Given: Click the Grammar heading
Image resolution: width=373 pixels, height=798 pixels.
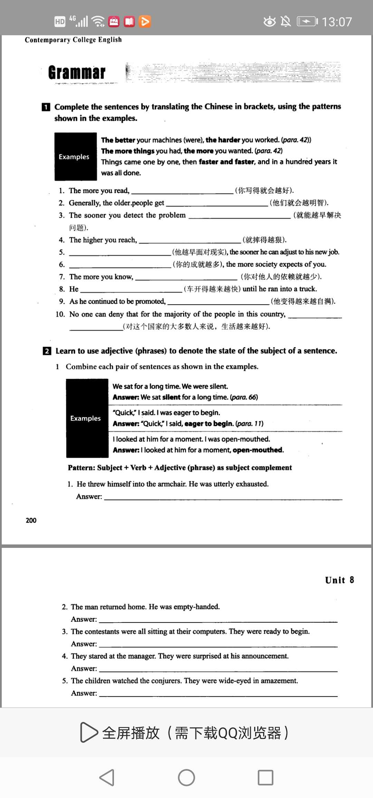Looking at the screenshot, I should [x=77, y=73].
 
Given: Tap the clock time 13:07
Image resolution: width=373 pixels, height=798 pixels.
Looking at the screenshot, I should [x=336, y=22].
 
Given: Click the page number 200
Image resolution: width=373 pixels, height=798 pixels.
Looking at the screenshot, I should [x=31, y=520].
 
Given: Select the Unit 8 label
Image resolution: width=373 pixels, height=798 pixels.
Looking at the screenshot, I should [x=339, y=580].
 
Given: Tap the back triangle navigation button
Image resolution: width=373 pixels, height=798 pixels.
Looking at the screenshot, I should [x=107, y=778].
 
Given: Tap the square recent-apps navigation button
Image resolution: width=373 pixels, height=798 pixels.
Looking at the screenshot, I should [x=266, y=778].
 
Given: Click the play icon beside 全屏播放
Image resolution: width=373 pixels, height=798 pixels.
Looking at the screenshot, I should [x=88, y=732].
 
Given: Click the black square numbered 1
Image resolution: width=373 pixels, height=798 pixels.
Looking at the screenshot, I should [x=46, y=107].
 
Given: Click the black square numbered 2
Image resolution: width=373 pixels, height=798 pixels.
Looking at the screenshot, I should [x=47, y=351].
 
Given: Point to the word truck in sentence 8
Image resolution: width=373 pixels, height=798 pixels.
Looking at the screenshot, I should [x=308, y=289].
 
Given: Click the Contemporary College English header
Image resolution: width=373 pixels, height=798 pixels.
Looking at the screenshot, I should [x=73, y=40].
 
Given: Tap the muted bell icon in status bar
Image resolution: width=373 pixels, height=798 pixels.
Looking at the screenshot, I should [x=286, y=22].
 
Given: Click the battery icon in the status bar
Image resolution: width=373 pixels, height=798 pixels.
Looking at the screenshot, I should [x=307, y=22].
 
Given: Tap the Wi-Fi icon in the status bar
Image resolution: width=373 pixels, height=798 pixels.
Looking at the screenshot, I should [x=98, y=21].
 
